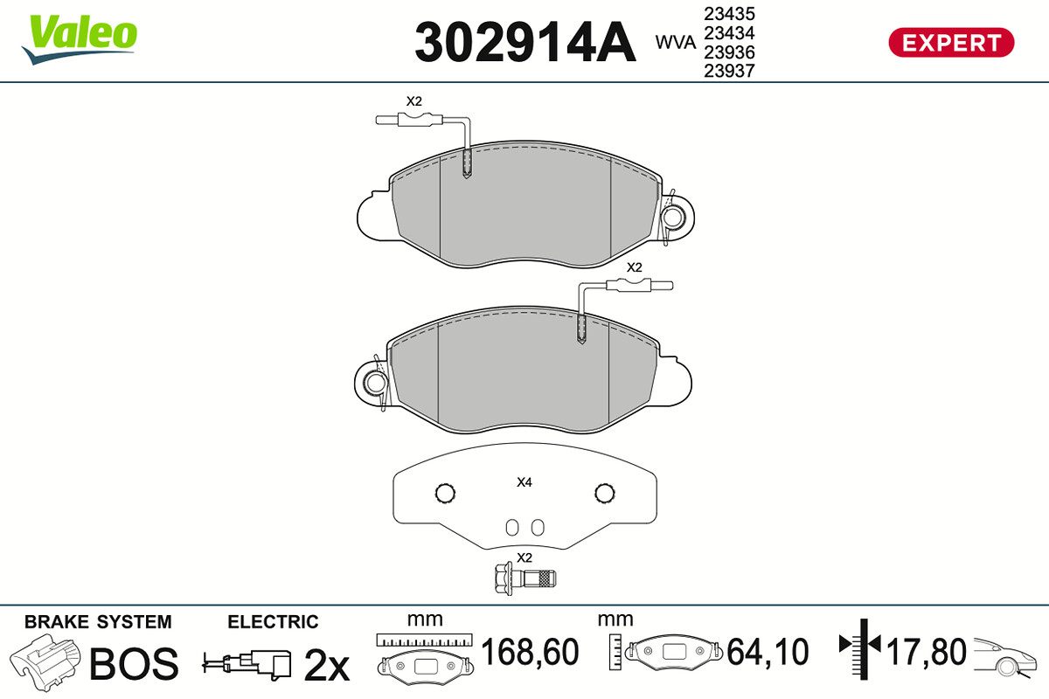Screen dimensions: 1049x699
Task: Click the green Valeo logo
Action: [x=80, y=38]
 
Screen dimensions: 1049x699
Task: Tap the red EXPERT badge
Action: [x=952, y=43]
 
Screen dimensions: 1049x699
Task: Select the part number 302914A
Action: [x=525, y=42]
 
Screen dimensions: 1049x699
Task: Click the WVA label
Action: [x=675, y=42]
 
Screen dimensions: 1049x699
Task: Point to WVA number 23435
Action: [x=729, y=14]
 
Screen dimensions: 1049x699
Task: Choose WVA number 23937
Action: [x=729, y=71]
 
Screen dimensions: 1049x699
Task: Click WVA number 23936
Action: [x=729, y=52]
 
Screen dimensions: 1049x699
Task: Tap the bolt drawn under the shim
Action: [x=525, y=579]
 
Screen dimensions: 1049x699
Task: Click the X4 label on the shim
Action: [x=524, y=481]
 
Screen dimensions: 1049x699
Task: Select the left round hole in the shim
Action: [x=445, y=493]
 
